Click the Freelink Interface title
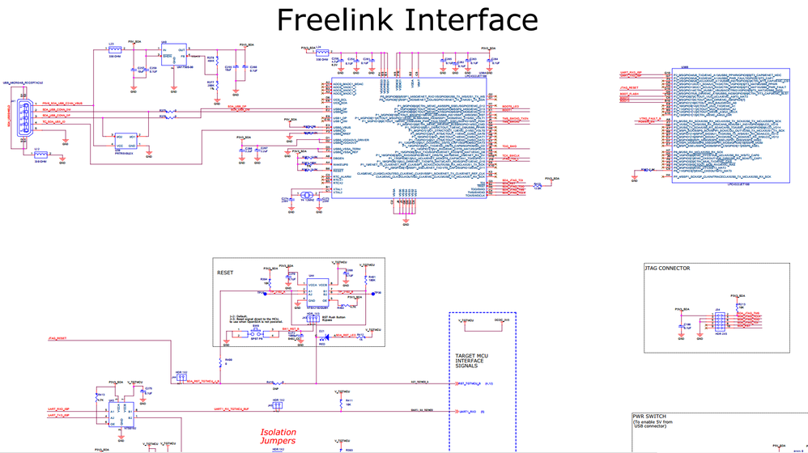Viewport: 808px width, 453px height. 407,19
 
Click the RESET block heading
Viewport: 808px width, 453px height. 225,273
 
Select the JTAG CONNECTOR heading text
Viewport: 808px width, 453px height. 667,269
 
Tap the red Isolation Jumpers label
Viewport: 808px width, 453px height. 278,437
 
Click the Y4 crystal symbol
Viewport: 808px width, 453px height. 306,196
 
